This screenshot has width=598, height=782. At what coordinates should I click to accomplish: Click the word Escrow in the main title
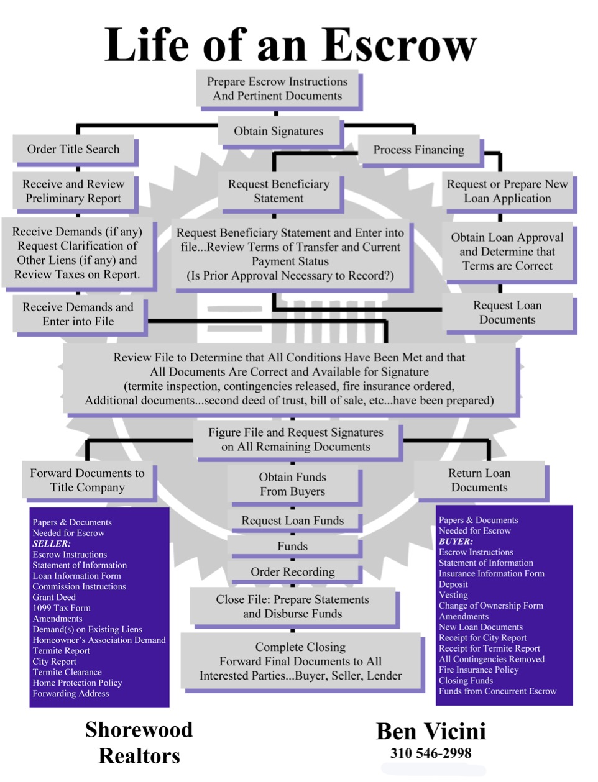point(399,45)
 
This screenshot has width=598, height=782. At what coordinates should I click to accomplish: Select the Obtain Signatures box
point(278,131)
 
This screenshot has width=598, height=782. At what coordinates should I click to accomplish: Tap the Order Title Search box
point(73,148)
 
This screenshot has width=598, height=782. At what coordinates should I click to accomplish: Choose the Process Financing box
point(419,149)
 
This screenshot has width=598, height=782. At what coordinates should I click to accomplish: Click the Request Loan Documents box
point(507,312)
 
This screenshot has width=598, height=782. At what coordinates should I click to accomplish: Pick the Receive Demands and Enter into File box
point(78,314)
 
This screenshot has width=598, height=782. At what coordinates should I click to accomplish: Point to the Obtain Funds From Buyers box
point(293,484)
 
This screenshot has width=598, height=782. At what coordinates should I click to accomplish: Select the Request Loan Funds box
point(293,520)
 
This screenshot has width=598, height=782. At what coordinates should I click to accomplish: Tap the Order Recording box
point(293,571)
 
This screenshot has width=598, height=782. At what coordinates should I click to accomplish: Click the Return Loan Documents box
point(479,480)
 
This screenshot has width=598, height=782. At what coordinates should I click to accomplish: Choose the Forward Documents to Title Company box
point(87,480)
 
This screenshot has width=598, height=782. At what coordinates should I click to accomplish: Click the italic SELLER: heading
point(52,543)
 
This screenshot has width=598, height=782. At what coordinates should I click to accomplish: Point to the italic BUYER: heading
point(456,541)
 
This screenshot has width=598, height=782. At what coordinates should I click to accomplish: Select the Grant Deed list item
point(54,597)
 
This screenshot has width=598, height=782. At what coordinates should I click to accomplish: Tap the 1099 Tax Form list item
point(62,607)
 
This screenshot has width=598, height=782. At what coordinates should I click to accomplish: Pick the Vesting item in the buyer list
point(453,595)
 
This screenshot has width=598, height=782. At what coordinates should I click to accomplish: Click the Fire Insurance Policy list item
point(479,670)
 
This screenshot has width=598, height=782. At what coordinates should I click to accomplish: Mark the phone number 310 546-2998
point(431,753)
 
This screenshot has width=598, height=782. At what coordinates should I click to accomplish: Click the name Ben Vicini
point(431,732)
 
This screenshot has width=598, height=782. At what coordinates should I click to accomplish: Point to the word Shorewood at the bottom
point(139,729)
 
